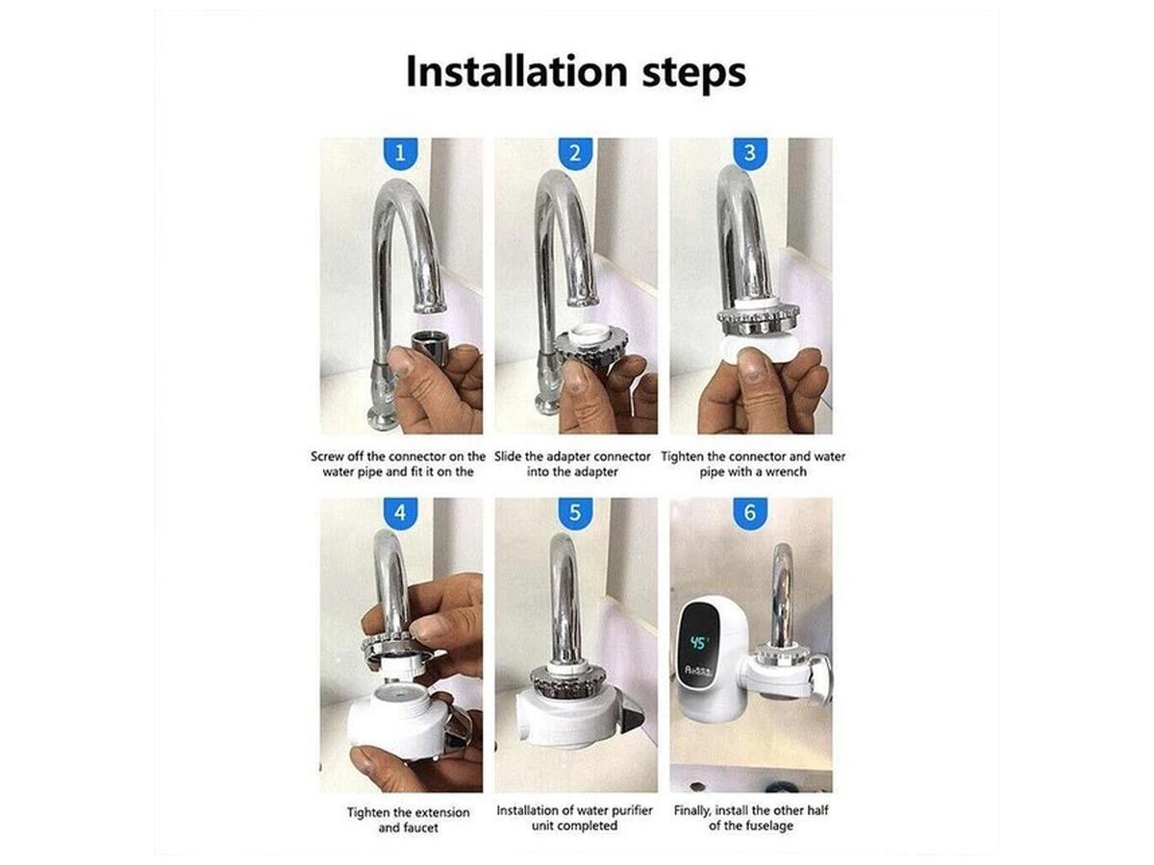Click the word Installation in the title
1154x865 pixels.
click(516, 71)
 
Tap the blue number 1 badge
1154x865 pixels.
click(401, 154)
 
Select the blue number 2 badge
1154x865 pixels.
click(575, 154)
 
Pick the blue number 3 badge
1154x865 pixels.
click(750, 154)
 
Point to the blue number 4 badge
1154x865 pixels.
click(401, 512)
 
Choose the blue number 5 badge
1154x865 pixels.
click(575, 512)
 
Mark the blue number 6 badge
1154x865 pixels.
click(750, 512)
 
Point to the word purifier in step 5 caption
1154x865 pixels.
click(630, 810)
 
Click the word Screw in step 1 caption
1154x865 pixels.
click(326, 457)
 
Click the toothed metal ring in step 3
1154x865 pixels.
click(759, 320)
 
